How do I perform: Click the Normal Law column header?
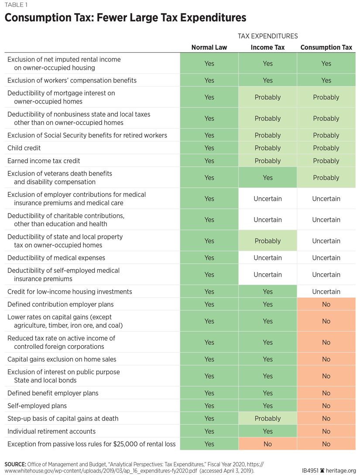click(x=209, y=47)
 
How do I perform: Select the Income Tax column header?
click(x=267, y=47)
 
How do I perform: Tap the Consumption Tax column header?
click(x=326, y=47)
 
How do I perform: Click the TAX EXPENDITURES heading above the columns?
click(x=267, y=36)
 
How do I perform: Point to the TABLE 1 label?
click(x=16, y=5)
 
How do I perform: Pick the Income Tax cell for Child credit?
click(x=267, y=148)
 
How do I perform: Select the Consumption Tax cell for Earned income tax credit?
click(x=326, y=161)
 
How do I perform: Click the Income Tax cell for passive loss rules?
click(x=267, y=444)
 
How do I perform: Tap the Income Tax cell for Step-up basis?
click(x=267, y=418)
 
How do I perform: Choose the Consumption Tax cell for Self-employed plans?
click(x=326, y=406)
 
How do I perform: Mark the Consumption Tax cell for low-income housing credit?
click(x=326, y=292)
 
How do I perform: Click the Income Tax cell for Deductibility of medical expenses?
click(x=267, y=258)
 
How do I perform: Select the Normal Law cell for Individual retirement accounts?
click(x=209, y=431)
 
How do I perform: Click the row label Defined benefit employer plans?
click(x=53, y=393)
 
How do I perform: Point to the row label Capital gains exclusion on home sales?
click(x=62, y=359)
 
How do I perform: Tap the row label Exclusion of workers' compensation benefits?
click(x=72, y=80)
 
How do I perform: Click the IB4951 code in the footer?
click(x=310, y=471)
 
